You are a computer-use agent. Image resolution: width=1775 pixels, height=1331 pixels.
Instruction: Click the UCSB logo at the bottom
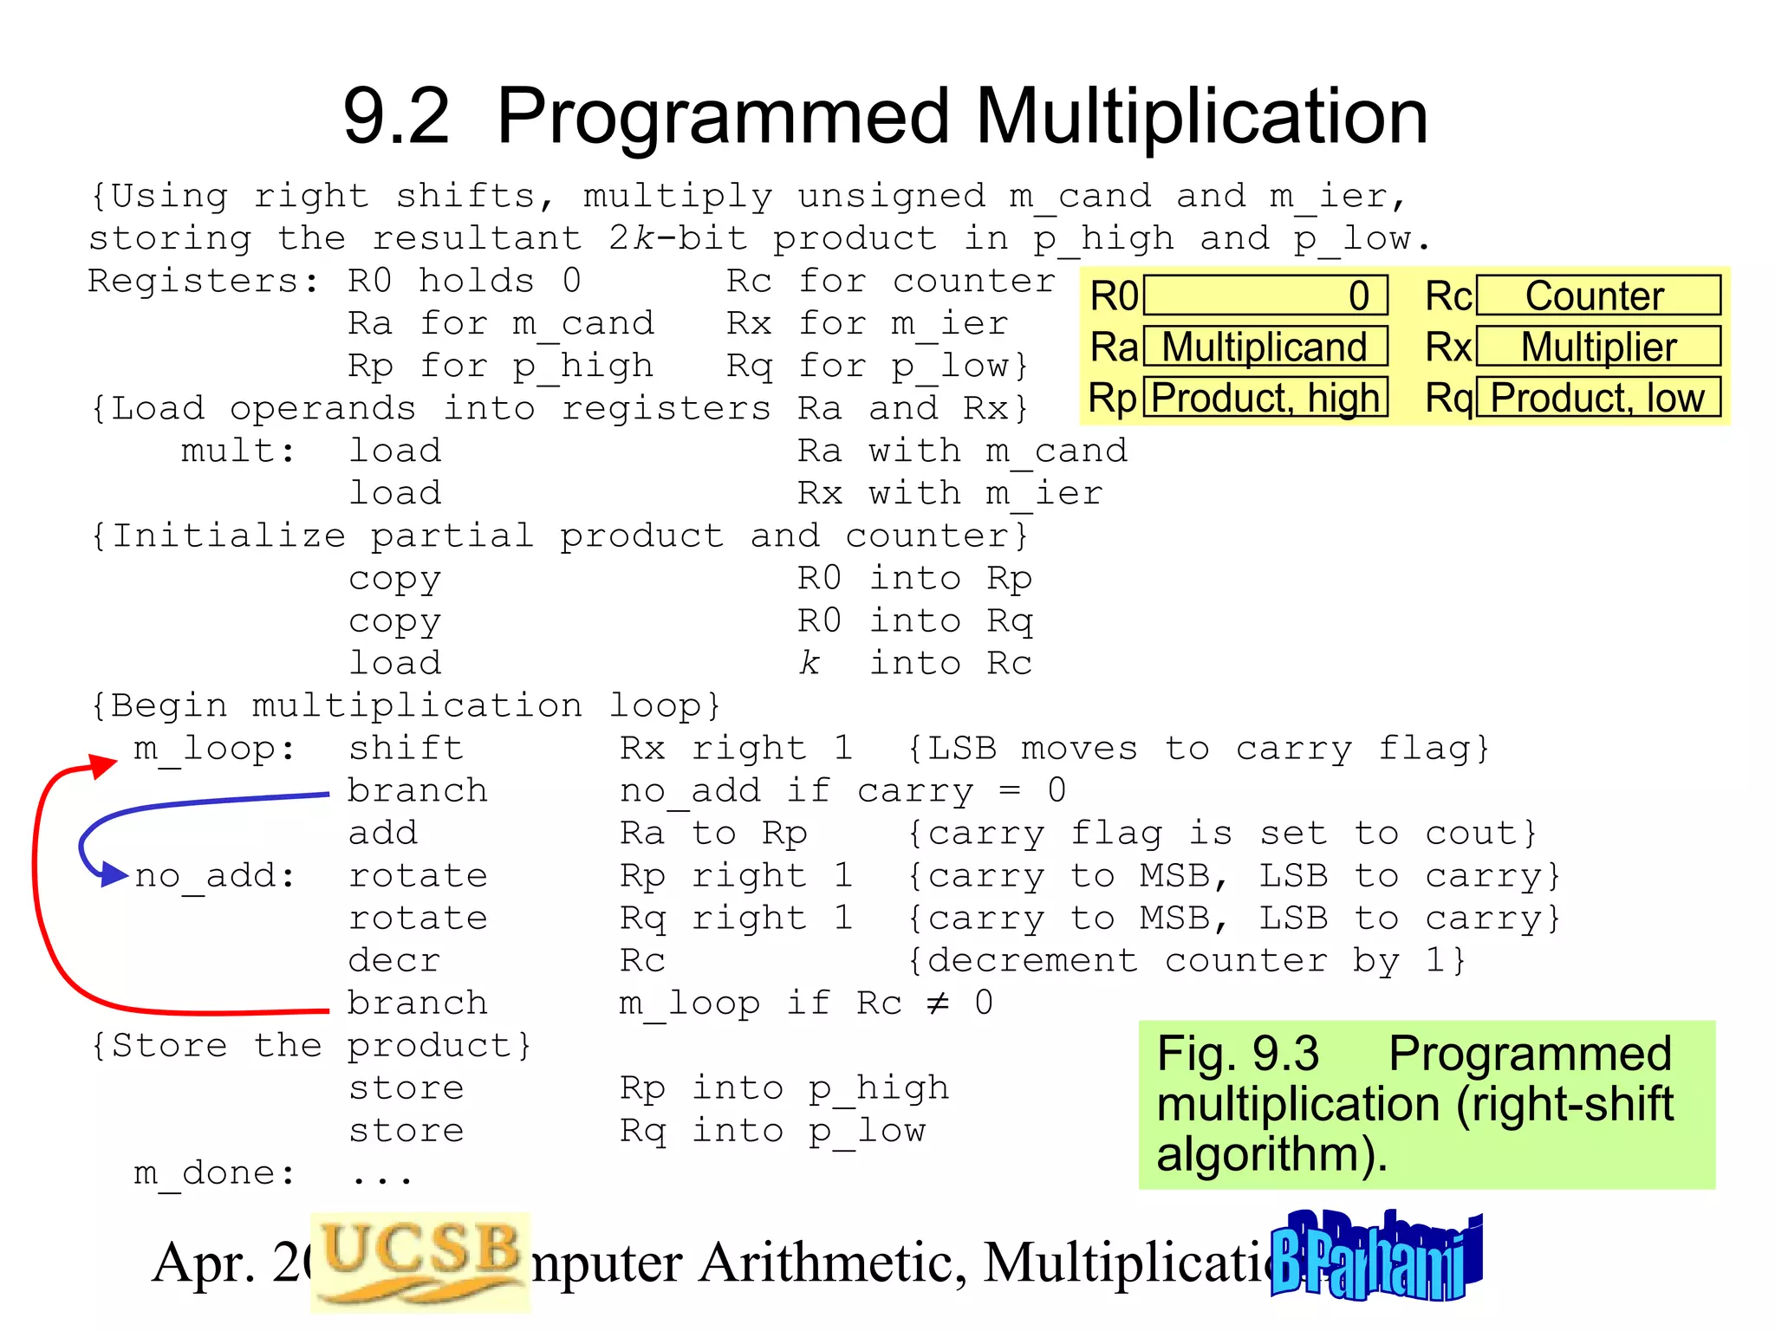[x=419, y=1260]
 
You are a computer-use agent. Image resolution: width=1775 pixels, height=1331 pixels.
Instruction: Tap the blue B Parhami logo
[x=1375, y=1256]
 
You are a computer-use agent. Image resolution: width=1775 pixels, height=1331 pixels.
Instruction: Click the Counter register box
[x=1597, y=296]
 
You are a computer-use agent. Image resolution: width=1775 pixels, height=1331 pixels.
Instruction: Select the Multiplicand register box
[x=1265, y=347]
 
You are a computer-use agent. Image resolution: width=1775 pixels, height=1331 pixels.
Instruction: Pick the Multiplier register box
[x=1597, y=347]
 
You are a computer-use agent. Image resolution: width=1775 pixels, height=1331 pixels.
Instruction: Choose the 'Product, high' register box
[x=1265, y=398]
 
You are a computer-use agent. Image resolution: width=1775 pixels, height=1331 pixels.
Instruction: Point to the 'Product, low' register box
[x=1597, y=398]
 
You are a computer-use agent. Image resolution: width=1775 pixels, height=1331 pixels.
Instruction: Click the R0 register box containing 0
[x=1265, y=296]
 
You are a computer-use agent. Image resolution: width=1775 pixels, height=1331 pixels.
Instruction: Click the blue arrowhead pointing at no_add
[x=115, y=874]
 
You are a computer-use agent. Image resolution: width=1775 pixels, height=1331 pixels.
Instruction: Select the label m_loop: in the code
[x=214, y=749]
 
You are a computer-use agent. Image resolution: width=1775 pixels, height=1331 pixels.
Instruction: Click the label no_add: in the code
[x=214, y=876]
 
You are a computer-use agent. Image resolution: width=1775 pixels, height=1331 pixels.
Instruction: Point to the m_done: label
[x=214, y=1173]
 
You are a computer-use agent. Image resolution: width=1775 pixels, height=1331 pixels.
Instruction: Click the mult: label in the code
[x=237, y=451]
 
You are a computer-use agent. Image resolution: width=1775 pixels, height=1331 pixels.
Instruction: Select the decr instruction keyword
[x=394, y=961]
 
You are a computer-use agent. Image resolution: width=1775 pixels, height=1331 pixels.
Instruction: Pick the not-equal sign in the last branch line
[x=938, y=1003]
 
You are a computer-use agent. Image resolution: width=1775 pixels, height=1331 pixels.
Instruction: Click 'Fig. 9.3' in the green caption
[x=1238, y=1054]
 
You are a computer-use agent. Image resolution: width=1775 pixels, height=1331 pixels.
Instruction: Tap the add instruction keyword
[x=383, y=834]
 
